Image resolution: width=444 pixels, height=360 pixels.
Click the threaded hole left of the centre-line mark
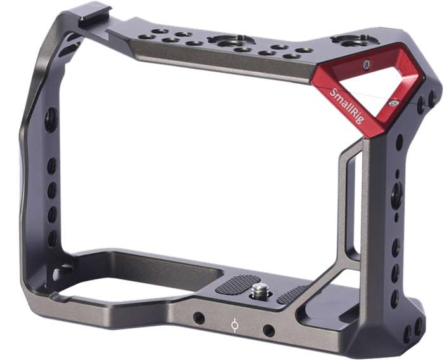[199, 317]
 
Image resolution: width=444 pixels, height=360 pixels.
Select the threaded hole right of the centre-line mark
[269, 330]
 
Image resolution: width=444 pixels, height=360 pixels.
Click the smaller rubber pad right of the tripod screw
[292, 294]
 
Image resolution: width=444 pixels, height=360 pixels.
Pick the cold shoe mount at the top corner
[95, 17]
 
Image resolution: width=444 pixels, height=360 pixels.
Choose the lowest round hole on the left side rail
[53, 237]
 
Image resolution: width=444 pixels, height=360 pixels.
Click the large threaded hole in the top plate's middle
[223, 41]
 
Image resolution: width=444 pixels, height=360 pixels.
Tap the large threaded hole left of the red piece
[346, 41]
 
